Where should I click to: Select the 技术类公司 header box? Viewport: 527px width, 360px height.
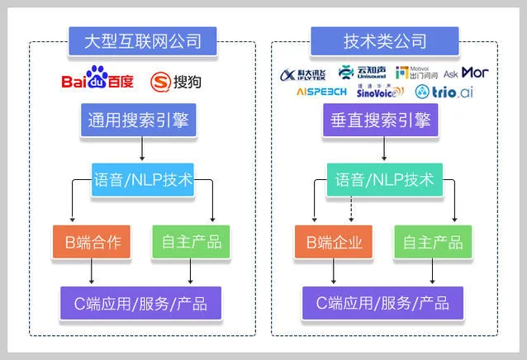(384, 40)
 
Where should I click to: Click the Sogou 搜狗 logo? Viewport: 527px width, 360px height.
(175, 81)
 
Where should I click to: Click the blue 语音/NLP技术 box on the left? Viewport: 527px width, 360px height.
(143, 179)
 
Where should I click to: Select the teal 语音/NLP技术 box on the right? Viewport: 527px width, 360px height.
(384, 179)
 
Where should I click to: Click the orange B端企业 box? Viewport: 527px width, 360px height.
(333, 241)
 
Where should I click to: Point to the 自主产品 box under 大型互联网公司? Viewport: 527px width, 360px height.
(192, 241)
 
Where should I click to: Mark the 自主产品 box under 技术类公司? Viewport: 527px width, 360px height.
(432, 241)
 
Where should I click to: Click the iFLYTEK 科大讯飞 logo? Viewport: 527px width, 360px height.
(305, 73)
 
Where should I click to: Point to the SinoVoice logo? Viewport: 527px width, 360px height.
(380, 92)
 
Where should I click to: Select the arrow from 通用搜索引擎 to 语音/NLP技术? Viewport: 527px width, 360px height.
(143, 149)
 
